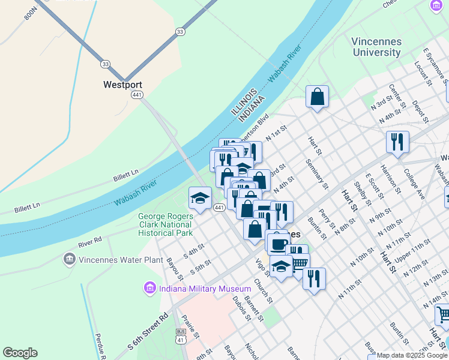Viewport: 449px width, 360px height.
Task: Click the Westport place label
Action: pos(122,85)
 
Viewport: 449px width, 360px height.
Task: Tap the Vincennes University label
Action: pos(376,47)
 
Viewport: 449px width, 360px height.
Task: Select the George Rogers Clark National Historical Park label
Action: pos(165,224)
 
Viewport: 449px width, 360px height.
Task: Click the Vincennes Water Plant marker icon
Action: pos(70,260)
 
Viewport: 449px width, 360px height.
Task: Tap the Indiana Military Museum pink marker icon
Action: pos(149,289)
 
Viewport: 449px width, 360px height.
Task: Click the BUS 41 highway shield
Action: pos(180,336)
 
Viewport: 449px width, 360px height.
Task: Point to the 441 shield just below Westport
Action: pos(137,95)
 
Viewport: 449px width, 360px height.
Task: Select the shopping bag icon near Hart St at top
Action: pos(317,97)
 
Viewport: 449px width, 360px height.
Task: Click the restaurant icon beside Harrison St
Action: pos(397,142)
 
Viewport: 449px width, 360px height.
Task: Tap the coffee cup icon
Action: pos(278,244)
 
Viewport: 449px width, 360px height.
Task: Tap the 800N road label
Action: pos(30,11)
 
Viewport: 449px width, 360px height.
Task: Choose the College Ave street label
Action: pos(414,187)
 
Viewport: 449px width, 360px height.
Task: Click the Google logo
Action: pos(20,353)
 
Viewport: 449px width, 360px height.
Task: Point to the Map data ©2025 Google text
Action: pos(412,355)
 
